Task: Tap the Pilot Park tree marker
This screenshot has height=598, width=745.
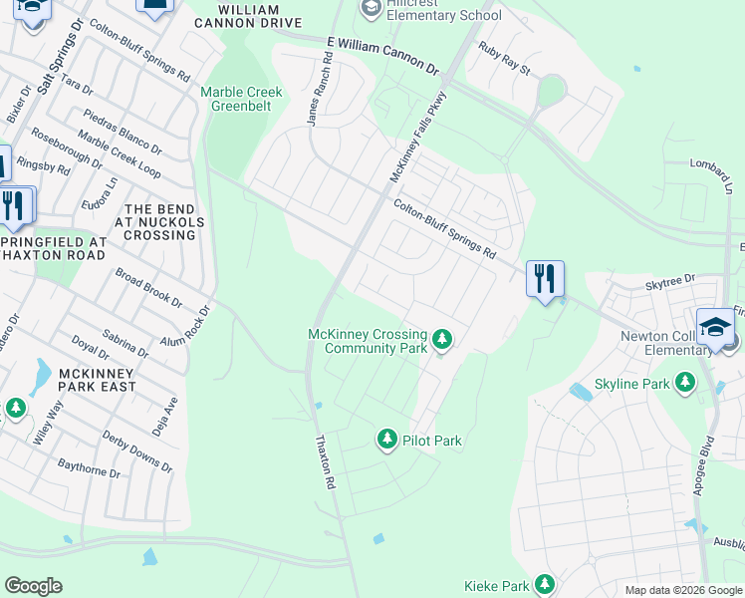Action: click(x=387, y=439)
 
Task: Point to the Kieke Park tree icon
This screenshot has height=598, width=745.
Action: click(x=545, y=584)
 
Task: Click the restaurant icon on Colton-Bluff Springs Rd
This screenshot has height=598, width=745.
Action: click(x=544, y=278)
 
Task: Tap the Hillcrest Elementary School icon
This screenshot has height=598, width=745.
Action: click(x=372, y=9)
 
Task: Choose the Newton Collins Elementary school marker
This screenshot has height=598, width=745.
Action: click(x=716, y=329)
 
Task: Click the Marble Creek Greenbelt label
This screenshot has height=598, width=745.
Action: click(x=241, y=99)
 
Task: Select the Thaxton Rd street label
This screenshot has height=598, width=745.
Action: click(x=325, y=461)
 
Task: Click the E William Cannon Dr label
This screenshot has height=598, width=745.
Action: click(x=381, y=56)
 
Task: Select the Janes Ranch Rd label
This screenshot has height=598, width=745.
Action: click(x=321, y=98)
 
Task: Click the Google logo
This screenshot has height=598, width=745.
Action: click(x=33, y=586)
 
